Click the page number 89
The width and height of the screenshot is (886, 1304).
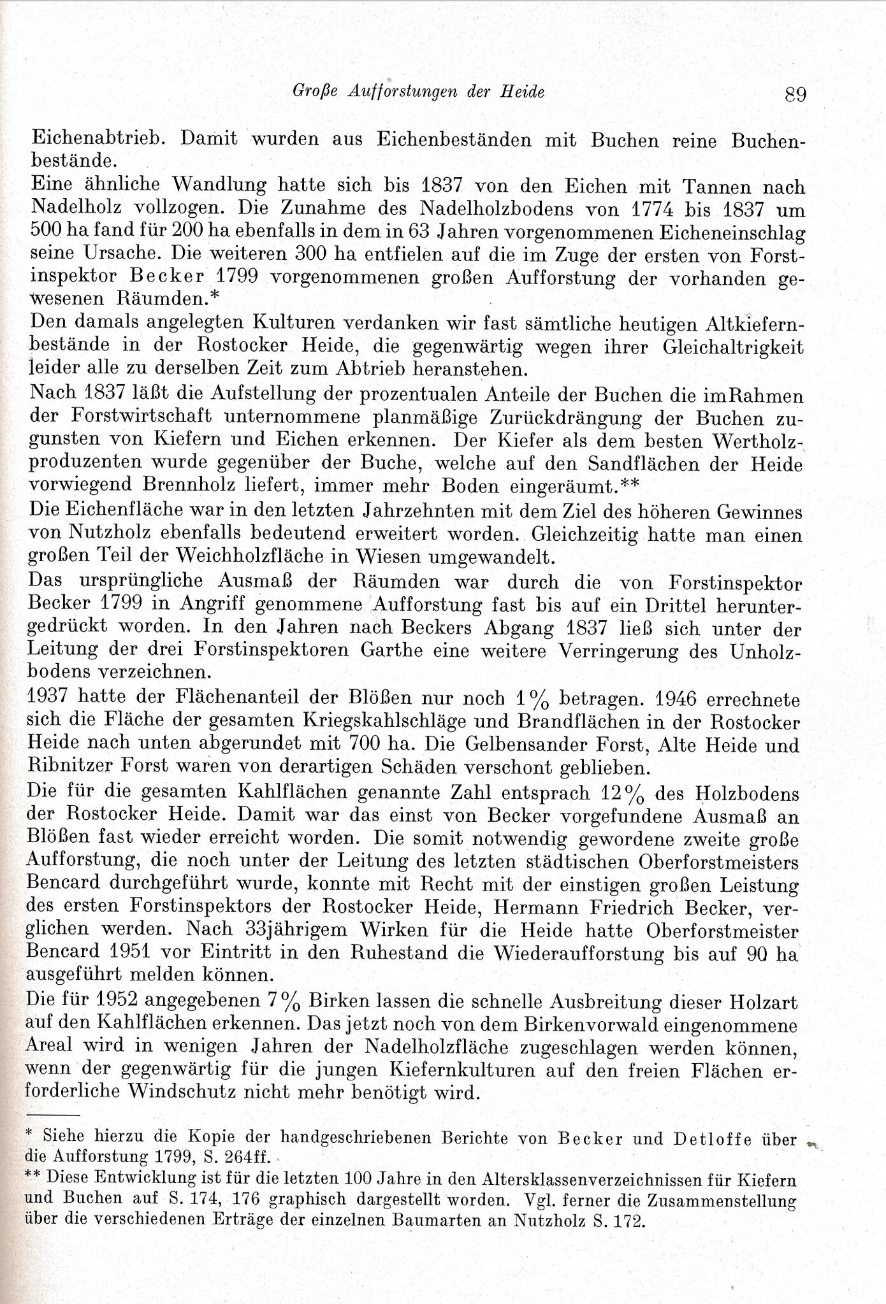coord(796,94)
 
